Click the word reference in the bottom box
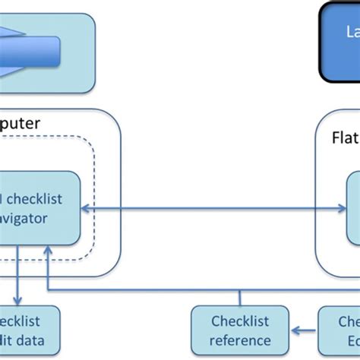[x=240, y=340]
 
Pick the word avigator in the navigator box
[x=23, y=218]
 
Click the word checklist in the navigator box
[x=33, y=199]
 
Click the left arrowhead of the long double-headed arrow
[x=85, y=208]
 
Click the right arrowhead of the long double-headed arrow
[x=343, y=208]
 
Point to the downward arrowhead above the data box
[x=17, y=301]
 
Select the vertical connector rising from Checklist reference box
[x=240, y=298]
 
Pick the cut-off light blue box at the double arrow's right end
[x=354, y=208]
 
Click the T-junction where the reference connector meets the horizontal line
[x=240, y=289]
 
